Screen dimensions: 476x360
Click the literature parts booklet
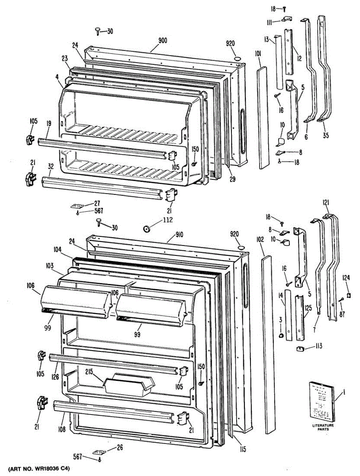pos(321,402)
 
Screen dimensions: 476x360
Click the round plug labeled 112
pos(147,229)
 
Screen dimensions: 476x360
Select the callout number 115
pos(243,449)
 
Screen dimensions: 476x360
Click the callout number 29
pos(232,179)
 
